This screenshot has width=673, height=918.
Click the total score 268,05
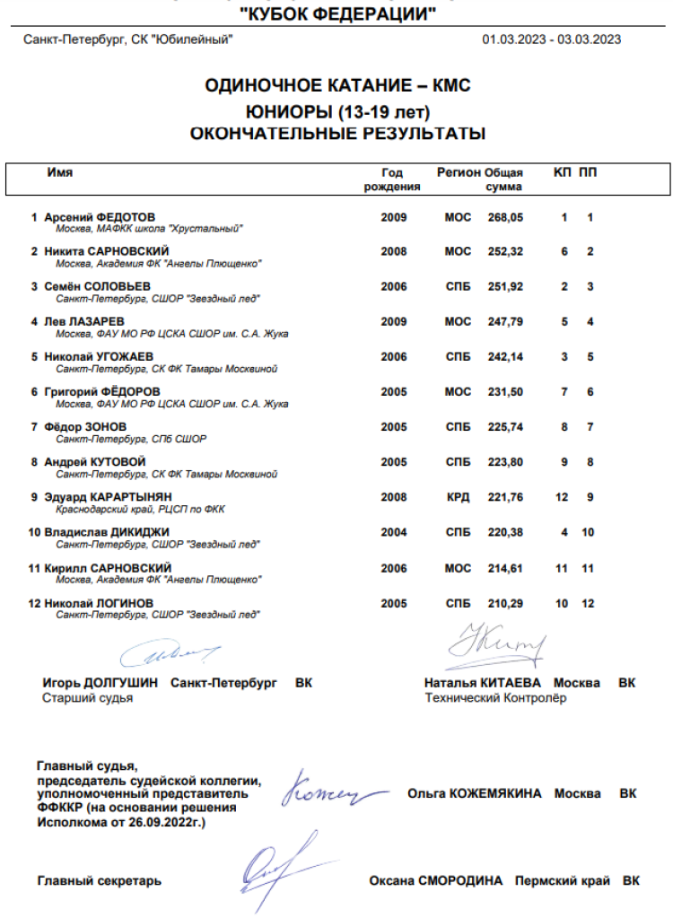505,217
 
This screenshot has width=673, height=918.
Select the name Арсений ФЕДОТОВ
100,217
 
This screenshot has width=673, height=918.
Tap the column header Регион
459,172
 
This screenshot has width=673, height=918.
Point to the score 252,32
505,251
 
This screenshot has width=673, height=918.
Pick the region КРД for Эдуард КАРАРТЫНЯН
458,497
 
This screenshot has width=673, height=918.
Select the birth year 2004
394,532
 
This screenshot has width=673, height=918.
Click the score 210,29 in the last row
505,603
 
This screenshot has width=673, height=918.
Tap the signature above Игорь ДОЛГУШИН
170,653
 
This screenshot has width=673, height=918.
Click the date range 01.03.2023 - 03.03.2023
552,39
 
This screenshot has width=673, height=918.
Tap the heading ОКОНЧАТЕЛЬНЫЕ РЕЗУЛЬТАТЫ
337,134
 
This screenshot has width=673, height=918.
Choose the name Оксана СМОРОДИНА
436,881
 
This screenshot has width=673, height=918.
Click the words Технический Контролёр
495,698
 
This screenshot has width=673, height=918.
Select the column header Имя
60,172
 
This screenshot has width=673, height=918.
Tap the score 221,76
505,497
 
